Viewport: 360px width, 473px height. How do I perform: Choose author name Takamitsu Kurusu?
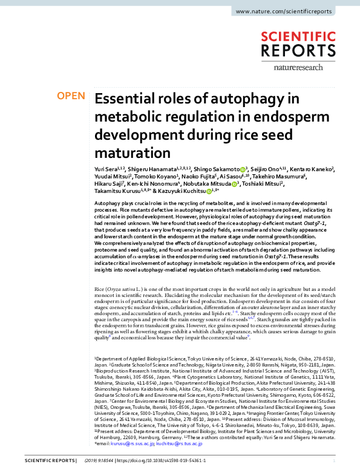pos(115,192)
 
